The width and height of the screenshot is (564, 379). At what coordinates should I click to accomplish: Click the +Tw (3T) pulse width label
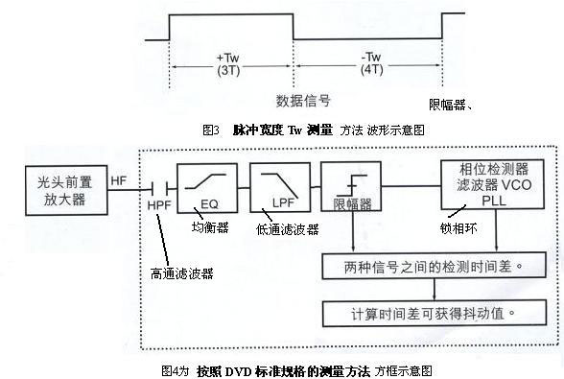click(x=228, y=64)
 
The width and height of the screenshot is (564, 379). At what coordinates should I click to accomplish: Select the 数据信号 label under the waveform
click(x=302, y=101)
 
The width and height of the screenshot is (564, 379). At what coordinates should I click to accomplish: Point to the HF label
click(x=119, y=179)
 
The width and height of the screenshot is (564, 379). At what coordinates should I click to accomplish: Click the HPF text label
click(x=159, y=204)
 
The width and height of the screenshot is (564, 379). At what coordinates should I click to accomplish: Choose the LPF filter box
click(x=276, y=186)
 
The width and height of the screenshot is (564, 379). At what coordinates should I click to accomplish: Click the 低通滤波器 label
click(x=278, y=226)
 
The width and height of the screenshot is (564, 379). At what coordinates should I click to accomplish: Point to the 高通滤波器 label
click(x=182, y=273)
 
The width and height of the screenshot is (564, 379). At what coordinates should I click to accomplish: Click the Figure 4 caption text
click(x=298, y=368)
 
